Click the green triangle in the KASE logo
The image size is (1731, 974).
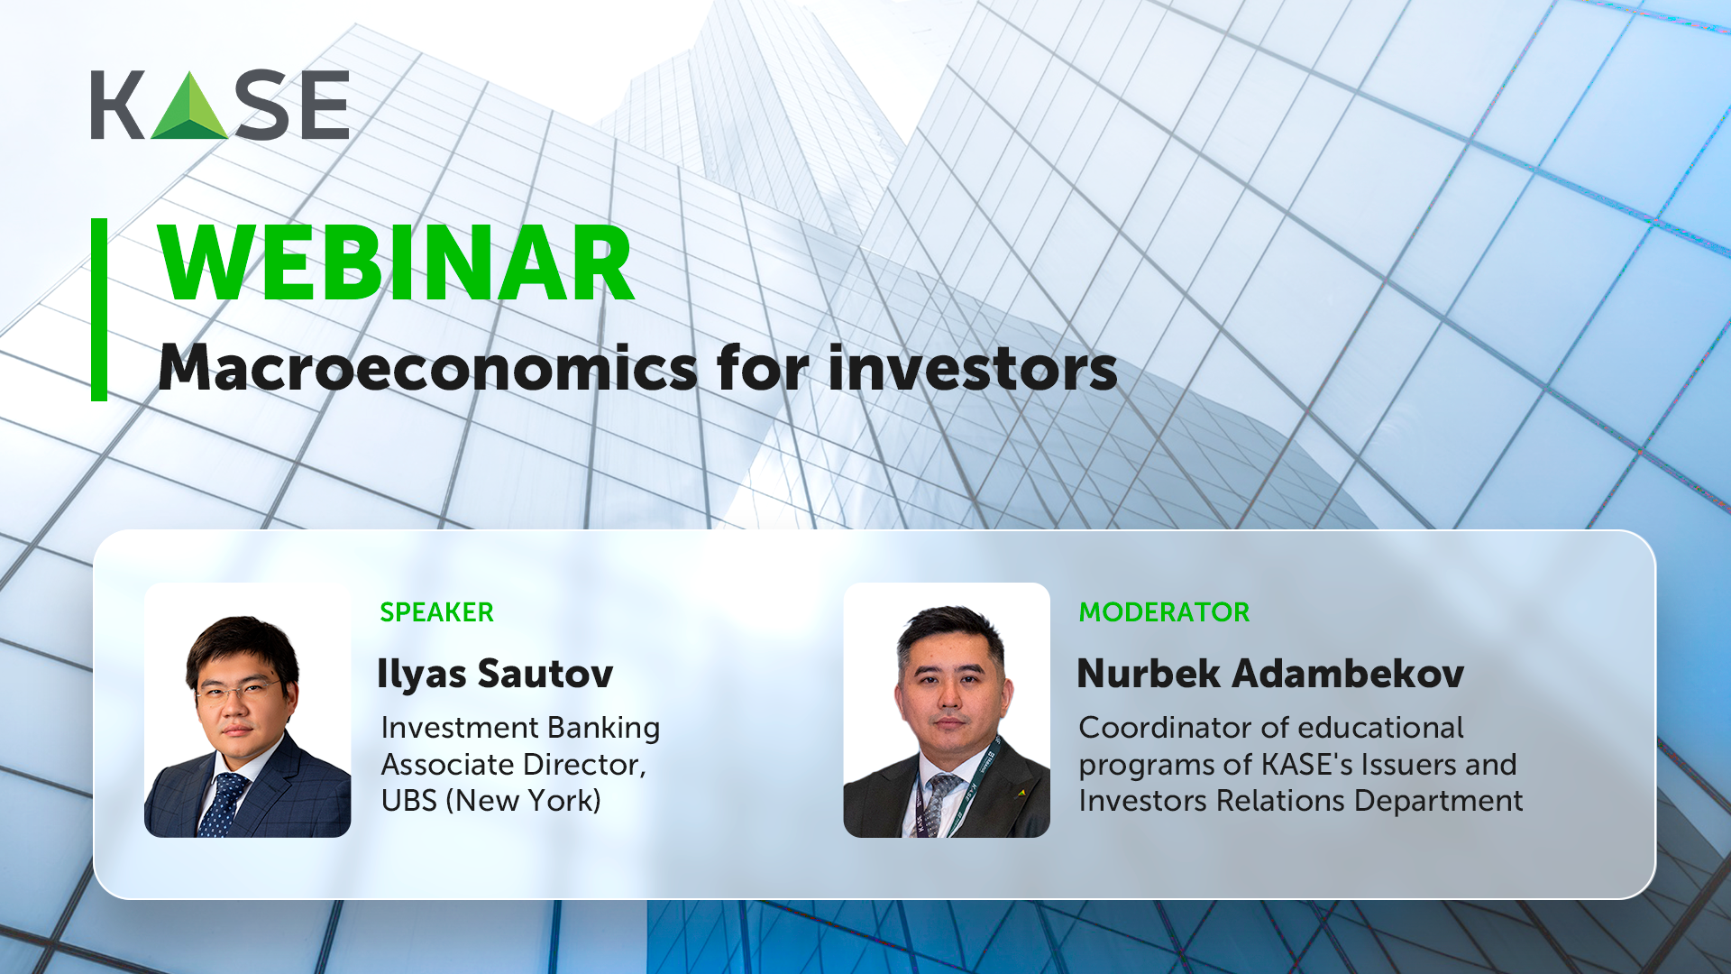click(189, 108)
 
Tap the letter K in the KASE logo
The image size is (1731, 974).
click(117, 106)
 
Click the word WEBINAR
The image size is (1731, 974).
click(397, 263)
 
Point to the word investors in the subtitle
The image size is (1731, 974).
click(973, 368)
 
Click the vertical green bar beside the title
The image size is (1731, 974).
click(99, 309)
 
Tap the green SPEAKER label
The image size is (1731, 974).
click(436, 612)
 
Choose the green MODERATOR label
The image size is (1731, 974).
click(1164, 612)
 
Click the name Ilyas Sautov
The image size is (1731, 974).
click(495, 674)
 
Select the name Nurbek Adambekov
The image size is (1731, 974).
click(1270, 674)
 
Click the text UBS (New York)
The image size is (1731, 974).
click(490, 801)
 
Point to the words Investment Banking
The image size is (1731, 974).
click(520, 728)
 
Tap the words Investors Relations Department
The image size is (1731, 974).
click(1301, 801)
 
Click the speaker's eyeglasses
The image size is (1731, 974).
click(237, 692)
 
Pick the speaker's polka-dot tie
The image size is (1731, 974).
click(222, 804)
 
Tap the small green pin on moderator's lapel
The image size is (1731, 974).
click(1022, 794)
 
